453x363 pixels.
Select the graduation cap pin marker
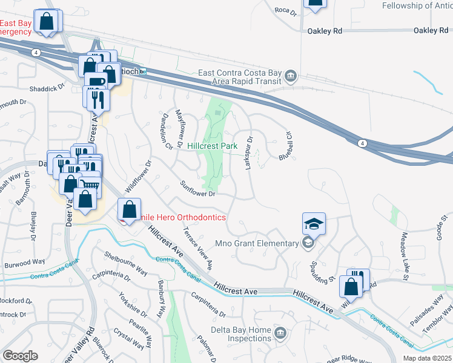(314, 224)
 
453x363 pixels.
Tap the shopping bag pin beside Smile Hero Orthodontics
(130, 210)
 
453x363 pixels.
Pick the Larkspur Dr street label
(248, 154)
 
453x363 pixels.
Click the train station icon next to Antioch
(143, 72)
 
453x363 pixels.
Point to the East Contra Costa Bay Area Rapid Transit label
(240, 77)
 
